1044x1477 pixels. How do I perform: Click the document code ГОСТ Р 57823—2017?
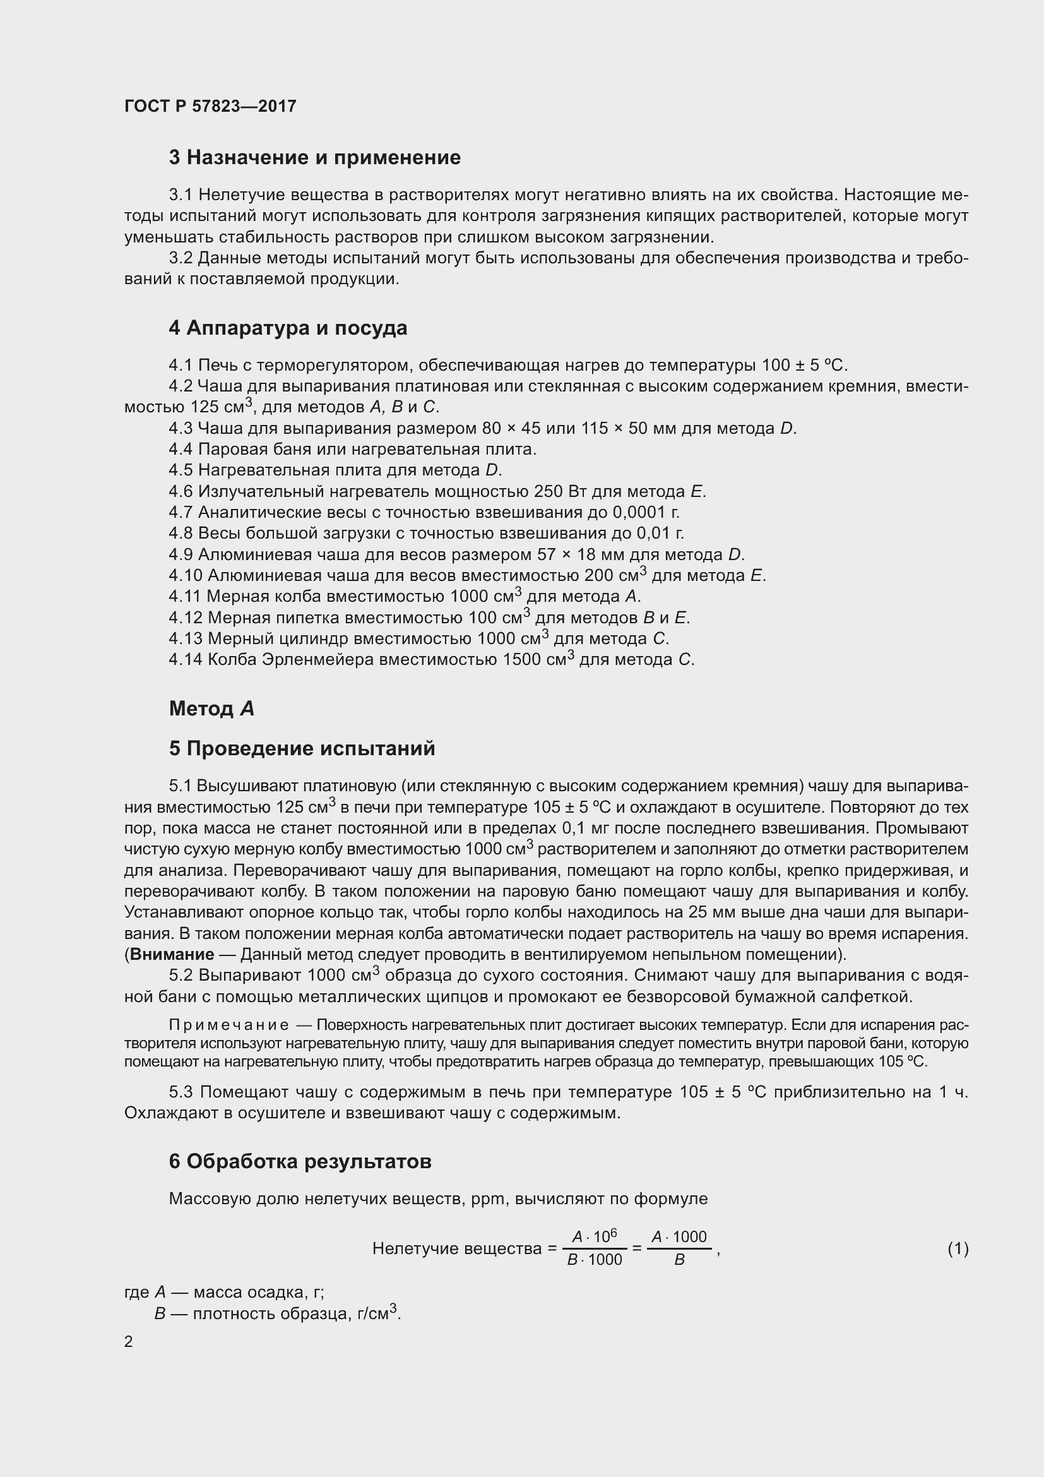click(210, 106)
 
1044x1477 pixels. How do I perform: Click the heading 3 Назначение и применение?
click(314, 158)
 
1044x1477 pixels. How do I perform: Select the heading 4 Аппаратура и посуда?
click(287, 328)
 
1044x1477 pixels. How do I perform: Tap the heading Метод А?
click(211, 709)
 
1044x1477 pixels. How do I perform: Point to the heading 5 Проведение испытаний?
click(302, 749)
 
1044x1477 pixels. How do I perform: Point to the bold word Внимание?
click(172, 955)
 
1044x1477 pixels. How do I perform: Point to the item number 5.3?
click(181, 1092)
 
